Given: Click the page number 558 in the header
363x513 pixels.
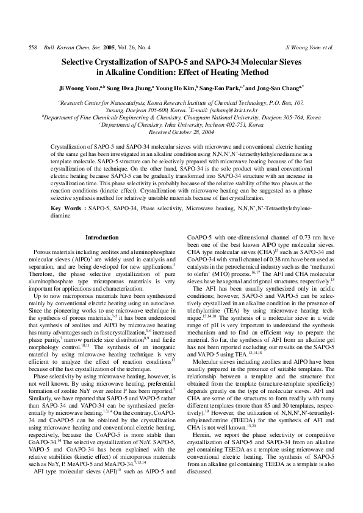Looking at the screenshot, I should click(25, 47).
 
